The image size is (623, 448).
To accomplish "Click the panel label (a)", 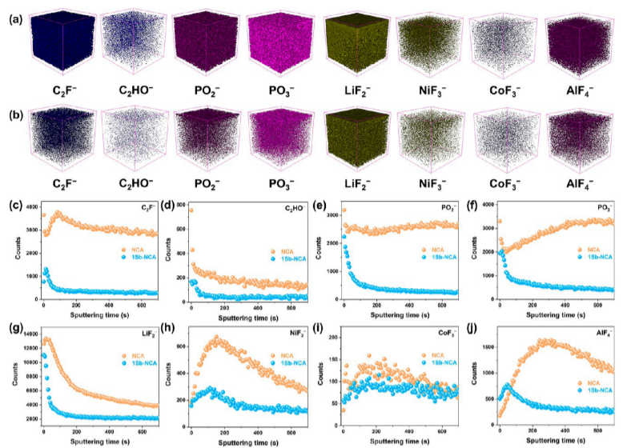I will click(11, 14).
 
